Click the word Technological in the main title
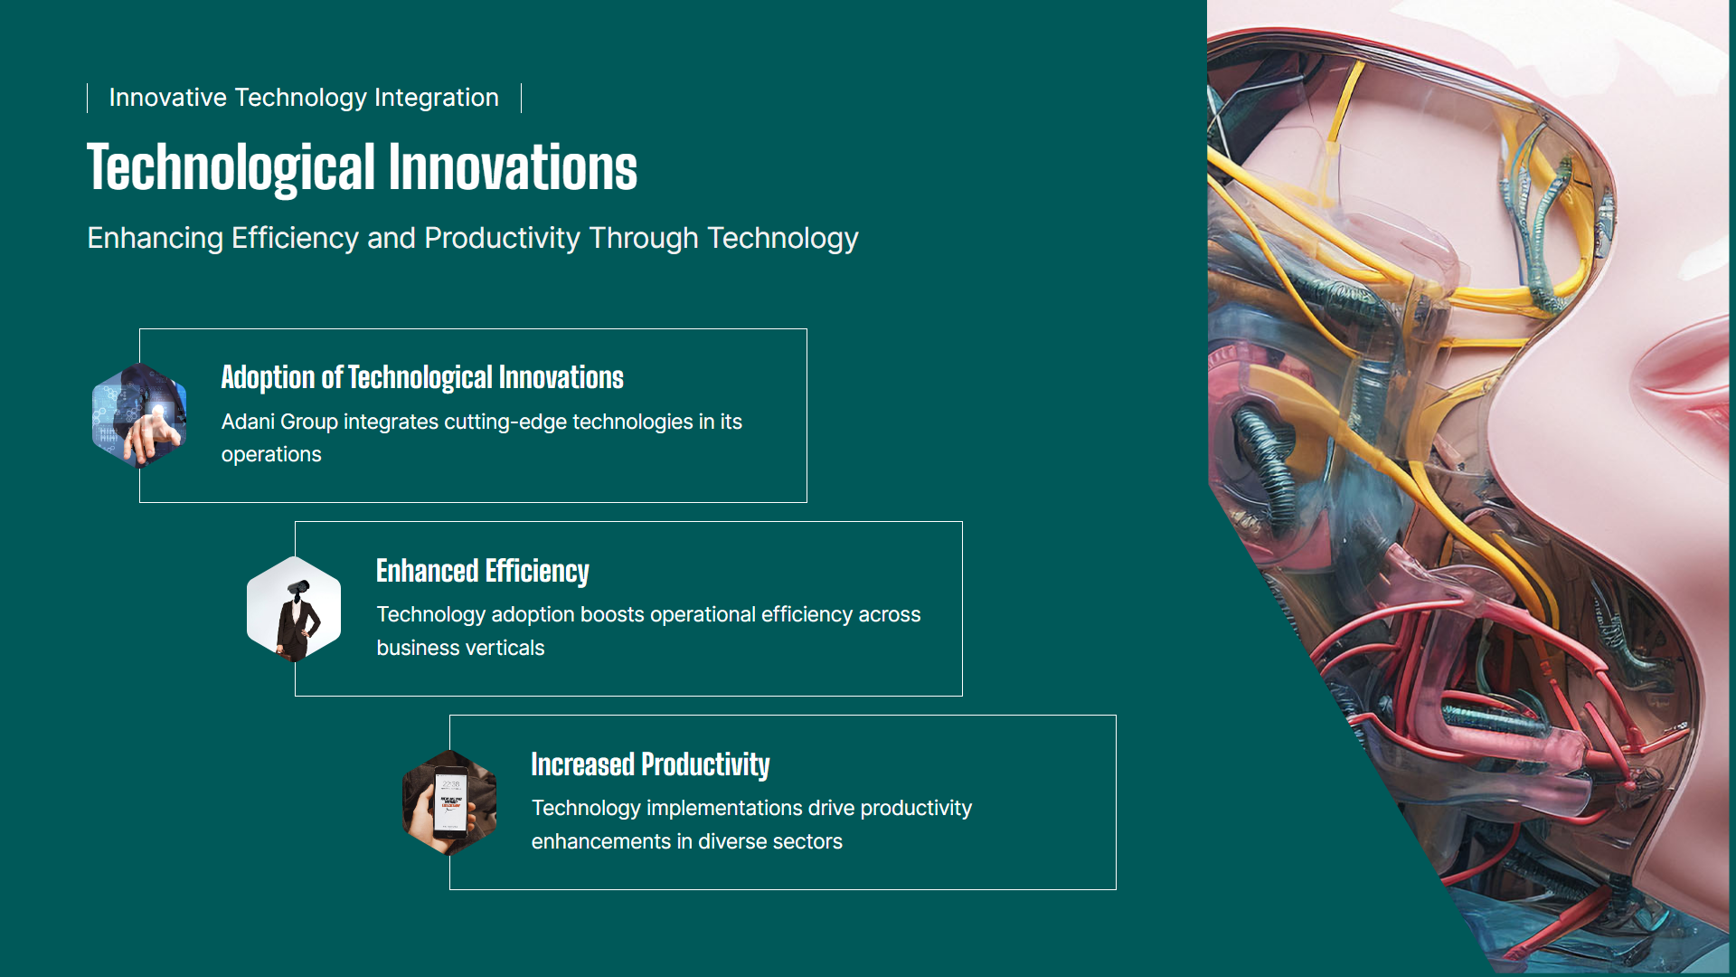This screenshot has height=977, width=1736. tap(231, 168)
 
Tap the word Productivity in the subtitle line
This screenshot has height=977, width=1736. tap(502, 238)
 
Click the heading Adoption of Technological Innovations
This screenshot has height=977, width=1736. tap(422, 377)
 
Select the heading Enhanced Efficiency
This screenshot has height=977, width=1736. tap(483, 571)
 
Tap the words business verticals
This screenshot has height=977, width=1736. tap(460, 648)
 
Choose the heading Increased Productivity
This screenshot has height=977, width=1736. tap(650, 764)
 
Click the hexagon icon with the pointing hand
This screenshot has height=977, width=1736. tap(139, 415)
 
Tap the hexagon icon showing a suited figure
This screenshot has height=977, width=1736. tap(294, 609)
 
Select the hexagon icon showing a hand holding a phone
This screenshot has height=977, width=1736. tap(449, 802)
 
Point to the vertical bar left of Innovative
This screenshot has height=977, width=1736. tap(88, 98)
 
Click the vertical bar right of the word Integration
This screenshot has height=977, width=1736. tap(522, 98)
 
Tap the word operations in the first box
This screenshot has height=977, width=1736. tap(271, 455)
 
